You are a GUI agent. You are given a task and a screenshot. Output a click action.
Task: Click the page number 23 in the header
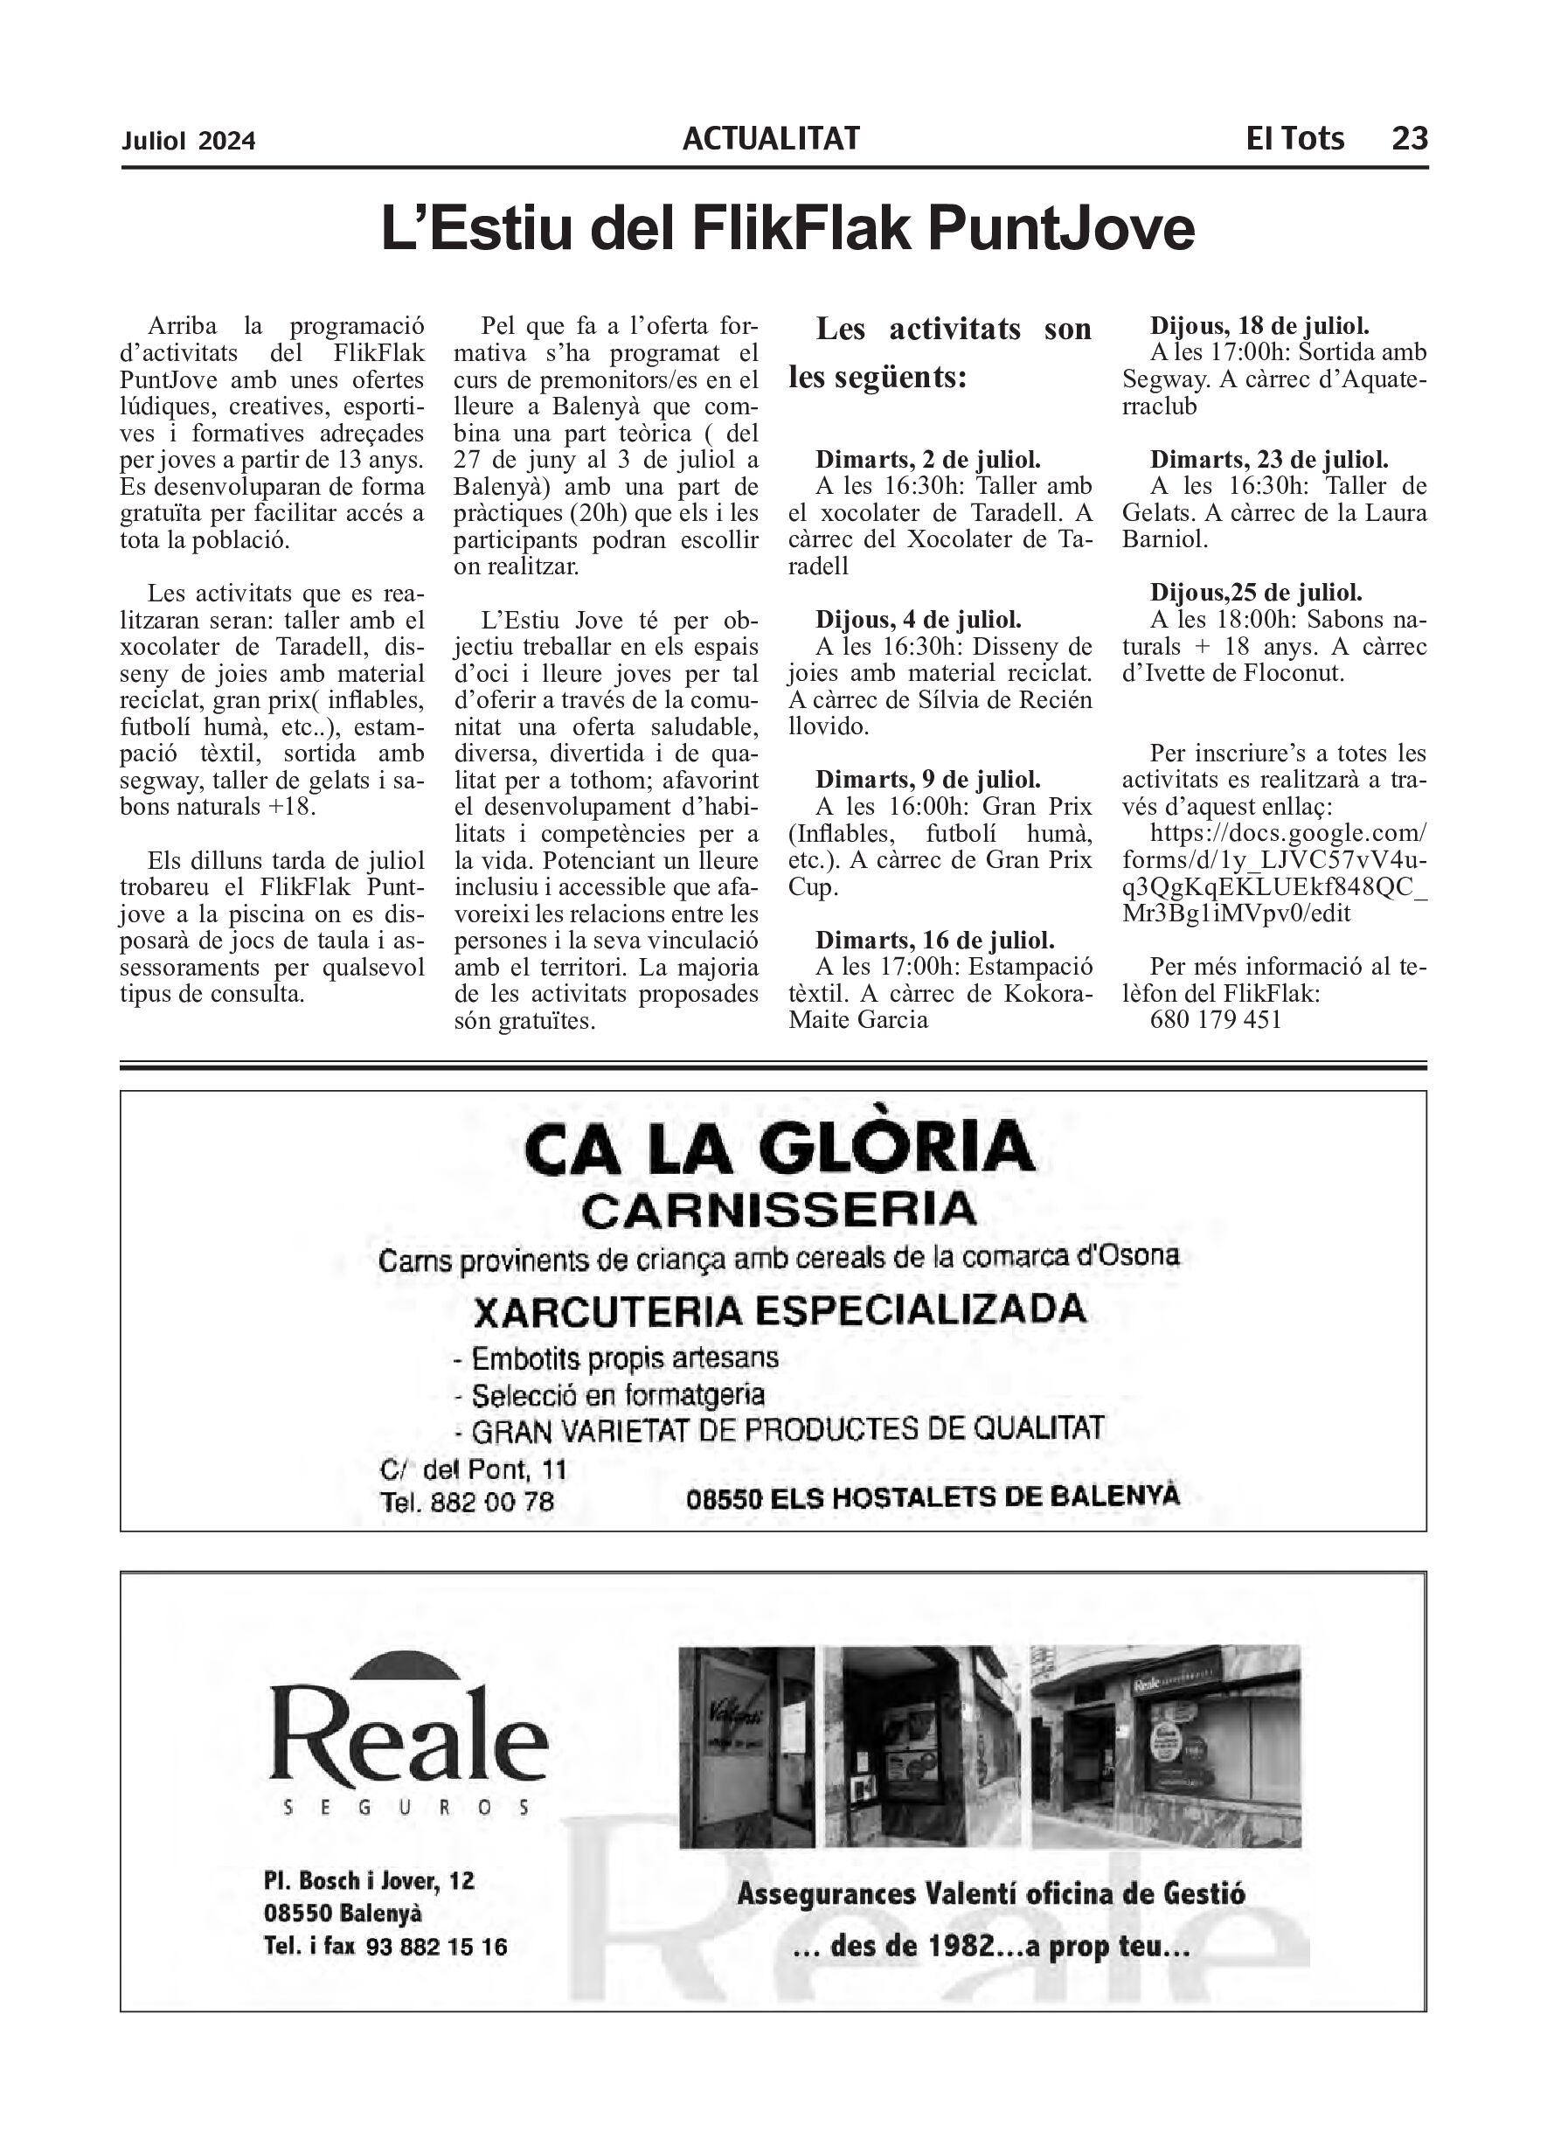point(1409,139)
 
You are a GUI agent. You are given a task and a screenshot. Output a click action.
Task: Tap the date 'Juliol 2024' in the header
point(188,141)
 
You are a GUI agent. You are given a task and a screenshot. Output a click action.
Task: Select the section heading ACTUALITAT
point(770,139)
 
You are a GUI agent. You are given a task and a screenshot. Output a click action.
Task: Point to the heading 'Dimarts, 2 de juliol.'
point(927,460)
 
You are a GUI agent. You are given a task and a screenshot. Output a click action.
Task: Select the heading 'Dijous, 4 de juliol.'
point(918,621)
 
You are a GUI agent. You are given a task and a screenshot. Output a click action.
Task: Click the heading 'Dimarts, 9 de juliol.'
point(927,781)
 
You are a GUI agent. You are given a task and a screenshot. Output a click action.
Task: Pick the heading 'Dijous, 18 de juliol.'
point(1259,326)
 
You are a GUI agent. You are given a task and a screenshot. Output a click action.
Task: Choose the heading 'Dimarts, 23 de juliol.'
point(1269,460)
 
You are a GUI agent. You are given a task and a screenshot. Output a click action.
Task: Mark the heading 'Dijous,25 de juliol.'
point(1256,594)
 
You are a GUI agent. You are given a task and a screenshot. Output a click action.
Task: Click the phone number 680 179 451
point(1216,1020)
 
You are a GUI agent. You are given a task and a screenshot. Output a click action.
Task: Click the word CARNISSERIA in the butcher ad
point(779,1210)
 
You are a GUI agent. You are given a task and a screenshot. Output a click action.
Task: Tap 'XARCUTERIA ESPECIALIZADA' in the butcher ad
point(779,1310)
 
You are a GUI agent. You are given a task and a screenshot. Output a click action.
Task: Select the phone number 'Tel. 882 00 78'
point(467,1503)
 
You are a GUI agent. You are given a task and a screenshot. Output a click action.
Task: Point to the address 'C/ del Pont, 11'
point(472,1469)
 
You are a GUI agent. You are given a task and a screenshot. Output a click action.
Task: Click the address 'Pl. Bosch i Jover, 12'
point(369,1881)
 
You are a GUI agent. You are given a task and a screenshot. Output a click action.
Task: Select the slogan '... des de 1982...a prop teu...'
point(990,1948)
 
